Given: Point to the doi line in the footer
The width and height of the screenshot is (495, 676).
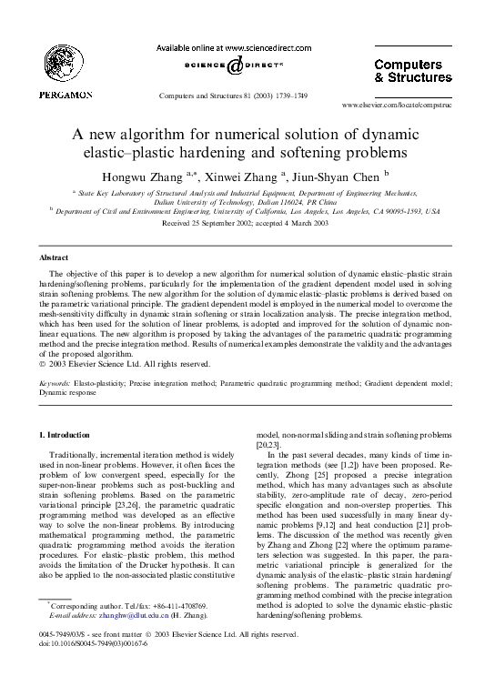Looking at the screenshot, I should tap(86, 668).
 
